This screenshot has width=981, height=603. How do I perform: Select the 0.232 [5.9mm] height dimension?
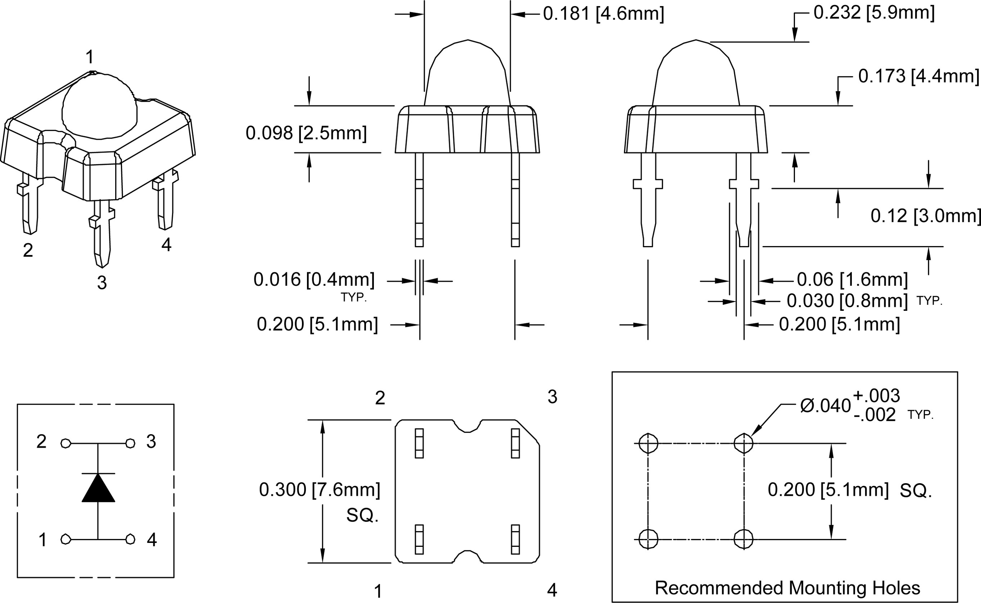click(x=874, y=13)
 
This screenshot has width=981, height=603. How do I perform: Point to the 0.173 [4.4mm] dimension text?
click(x=918, y=76)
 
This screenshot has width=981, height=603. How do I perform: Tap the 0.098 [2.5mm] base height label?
click(x=306, y=133)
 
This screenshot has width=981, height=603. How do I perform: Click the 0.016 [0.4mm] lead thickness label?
click(x=314, y=280)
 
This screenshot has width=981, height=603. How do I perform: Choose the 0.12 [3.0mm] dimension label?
click(x=925, y=216)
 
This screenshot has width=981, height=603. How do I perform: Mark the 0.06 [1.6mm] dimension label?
click(x=852, y=280)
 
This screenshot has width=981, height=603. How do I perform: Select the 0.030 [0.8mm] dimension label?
click(x=847, y=301)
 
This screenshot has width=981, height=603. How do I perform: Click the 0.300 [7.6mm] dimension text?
click(x=320, y=489)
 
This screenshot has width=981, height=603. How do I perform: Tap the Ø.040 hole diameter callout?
click(x=825, y=406)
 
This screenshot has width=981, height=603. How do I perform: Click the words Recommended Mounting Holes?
click(x=787, y=588)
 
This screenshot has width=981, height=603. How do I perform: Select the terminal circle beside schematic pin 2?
click(x=66, y=443)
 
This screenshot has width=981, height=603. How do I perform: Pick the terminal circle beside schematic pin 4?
click(x=130, y=539)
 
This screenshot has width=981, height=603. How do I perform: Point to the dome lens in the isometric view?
click(x=100, y=106)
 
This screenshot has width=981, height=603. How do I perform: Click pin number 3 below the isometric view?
click(x=102, y=283)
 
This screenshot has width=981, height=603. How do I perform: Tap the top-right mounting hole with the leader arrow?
click(x=743, y=443)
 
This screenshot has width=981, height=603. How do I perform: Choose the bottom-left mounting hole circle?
click(x=648, y=539)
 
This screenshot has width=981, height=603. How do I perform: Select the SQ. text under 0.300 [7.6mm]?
click(x=362, y=515)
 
